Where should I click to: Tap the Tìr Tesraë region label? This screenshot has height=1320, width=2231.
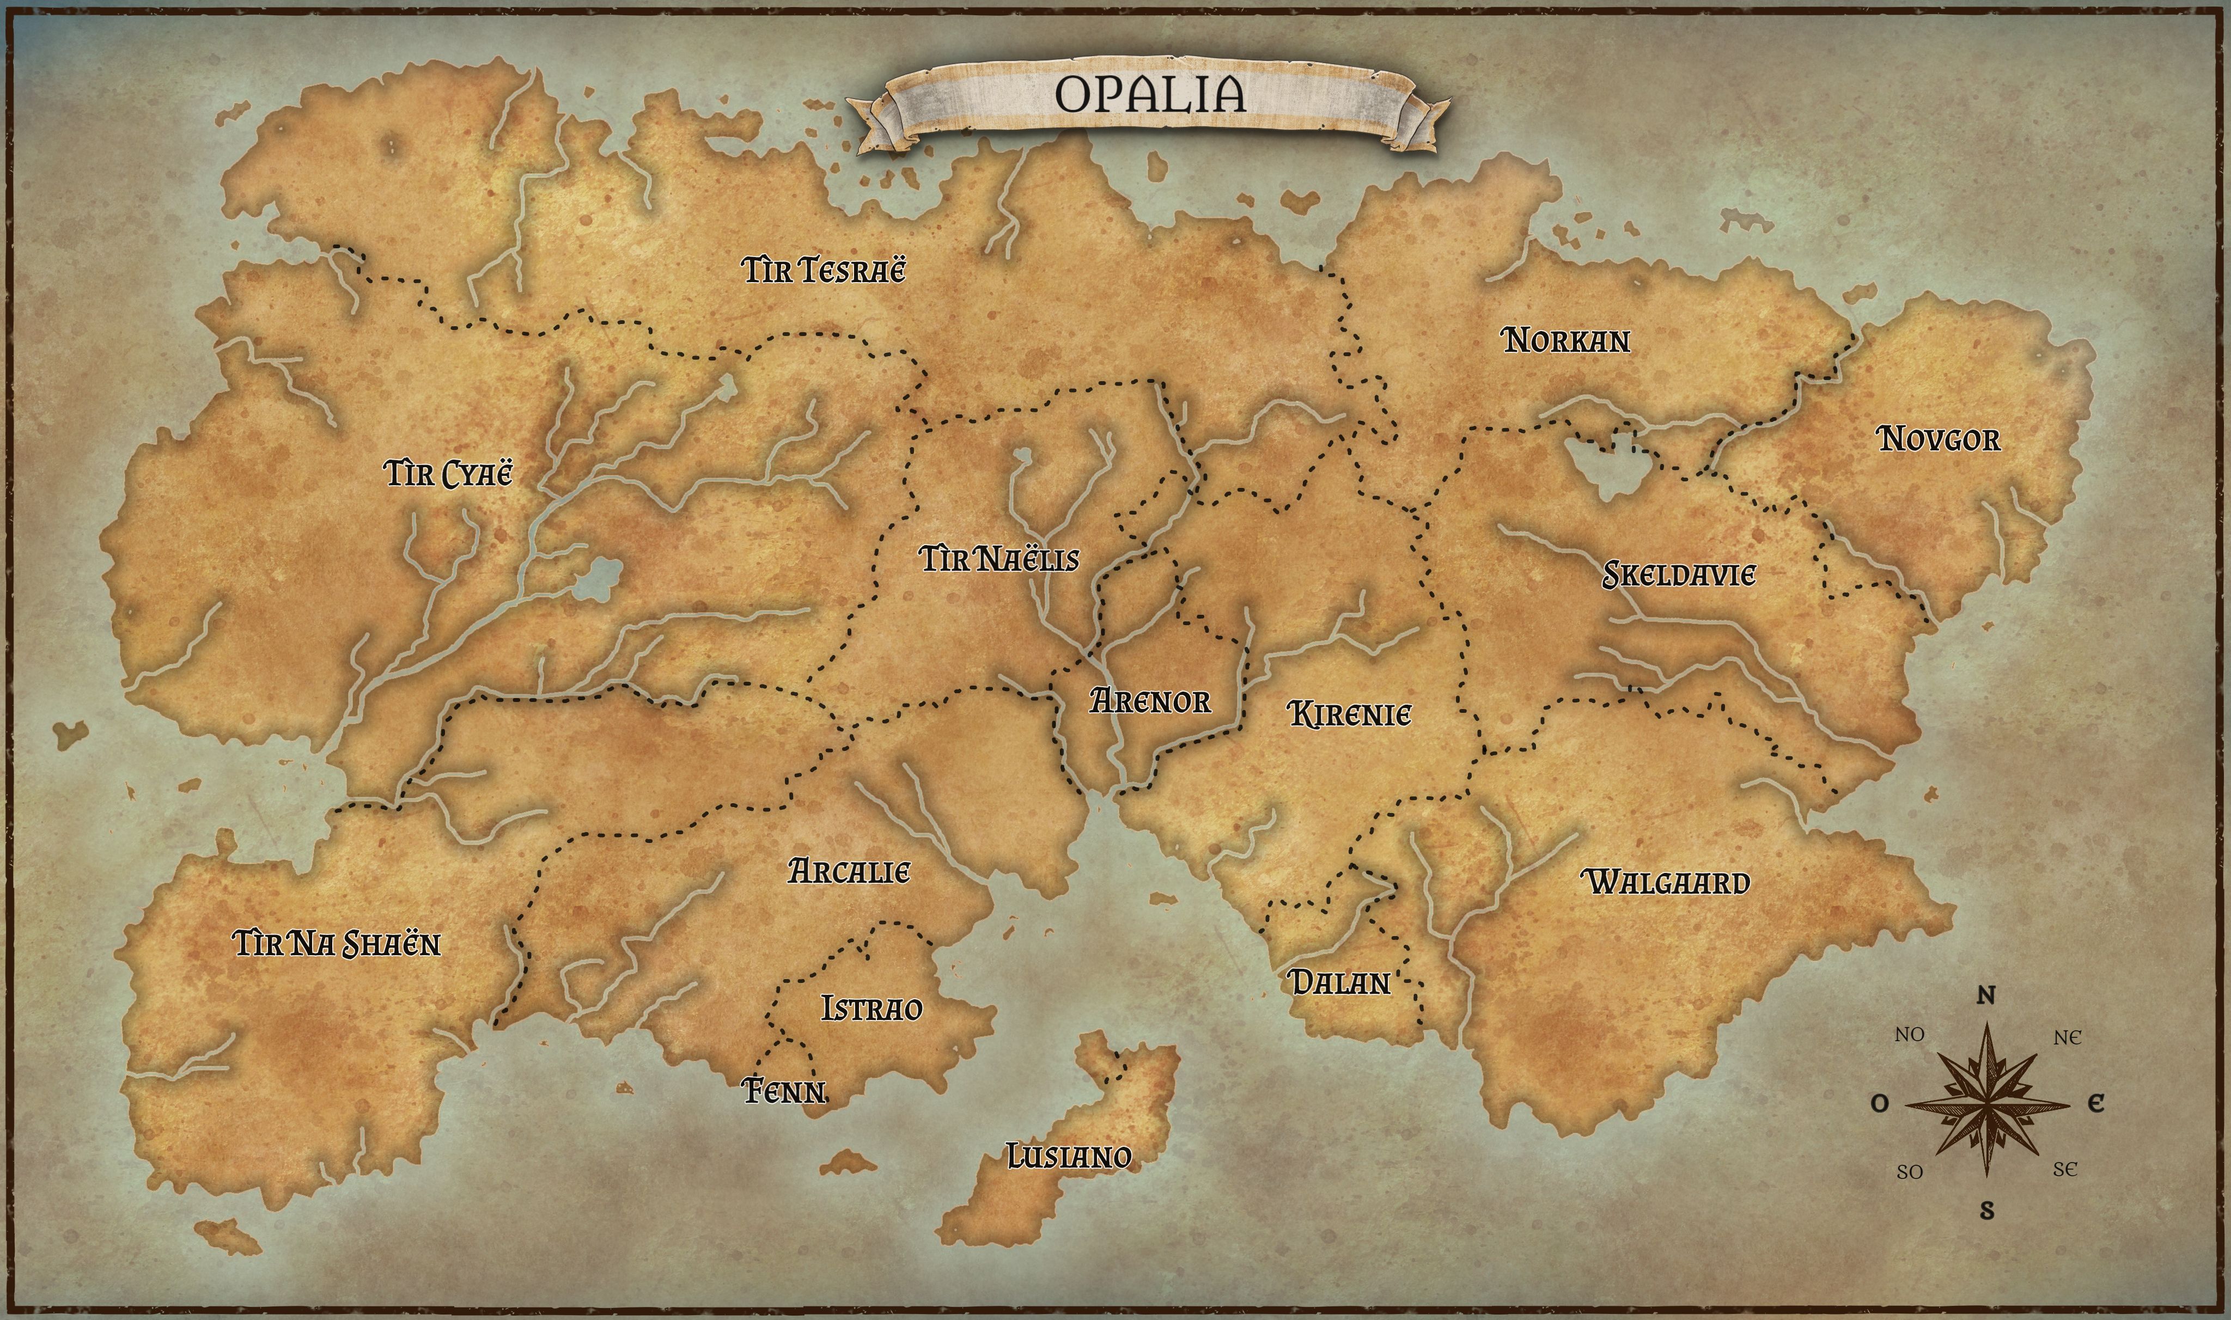824,270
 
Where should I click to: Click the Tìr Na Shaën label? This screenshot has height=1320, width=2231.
336,943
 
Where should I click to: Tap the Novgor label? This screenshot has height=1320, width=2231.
1939,438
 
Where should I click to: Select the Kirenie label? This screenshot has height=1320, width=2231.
1350,714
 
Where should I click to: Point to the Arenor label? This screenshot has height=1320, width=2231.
1150,702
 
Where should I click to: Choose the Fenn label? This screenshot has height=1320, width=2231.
784,1091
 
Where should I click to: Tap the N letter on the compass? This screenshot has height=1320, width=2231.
1985,996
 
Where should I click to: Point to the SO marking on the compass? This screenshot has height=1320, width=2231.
1909,1172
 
